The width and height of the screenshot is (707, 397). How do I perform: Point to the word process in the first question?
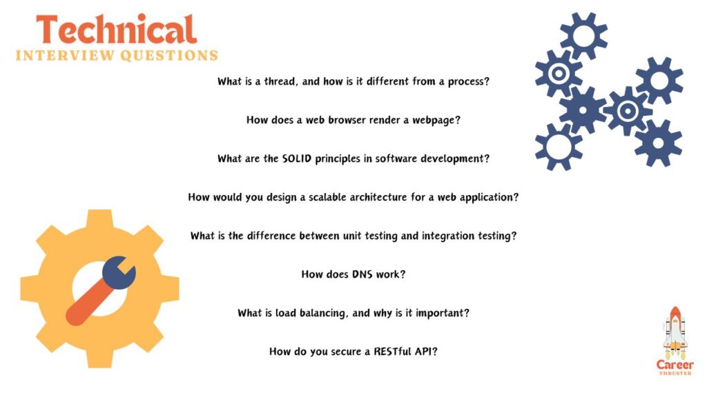466,81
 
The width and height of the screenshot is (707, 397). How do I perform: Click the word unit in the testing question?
351,236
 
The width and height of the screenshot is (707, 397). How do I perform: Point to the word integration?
446,236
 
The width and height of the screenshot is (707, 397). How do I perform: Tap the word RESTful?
392,352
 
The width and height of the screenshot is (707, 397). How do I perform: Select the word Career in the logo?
675,364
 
